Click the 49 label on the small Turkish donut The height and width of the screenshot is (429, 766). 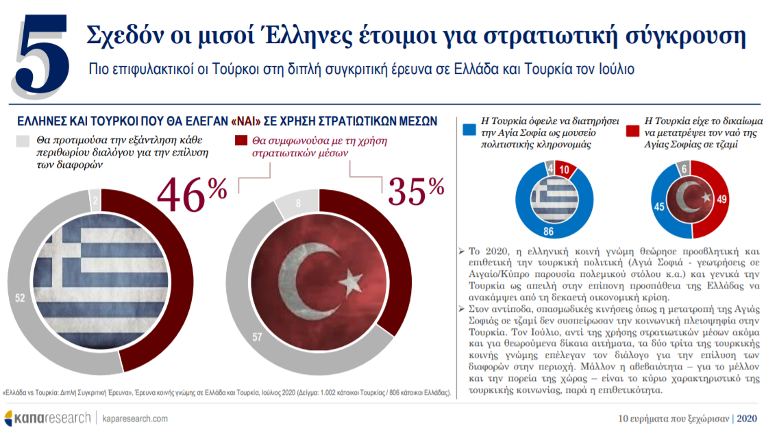721,200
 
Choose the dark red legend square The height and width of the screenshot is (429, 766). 240,141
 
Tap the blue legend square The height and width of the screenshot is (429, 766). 469,129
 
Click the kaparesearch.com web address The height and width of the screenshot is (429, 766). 135,418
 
